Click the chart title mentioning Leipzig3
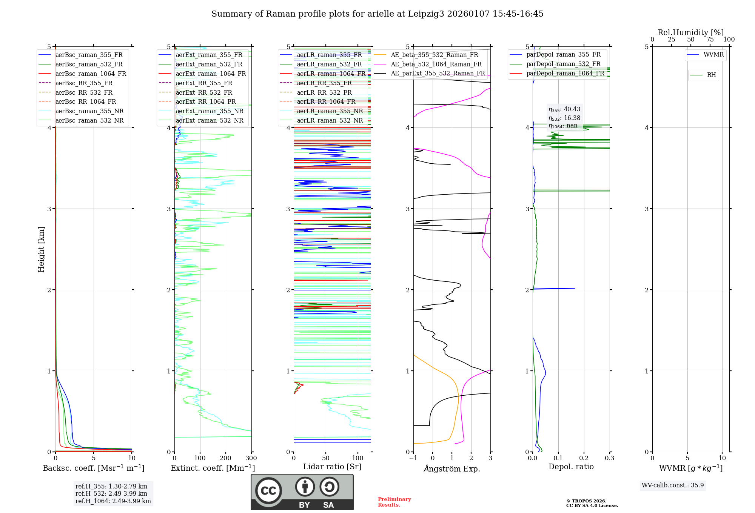(x=377, y=14)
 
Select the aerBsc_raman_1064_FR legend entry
(x=91, y=74)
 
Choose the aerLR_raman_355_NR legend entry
(x=330, y=111)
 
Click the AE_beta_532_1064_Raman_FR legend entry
(x=436, y=64)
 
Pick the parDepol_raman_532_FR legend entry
(x=563, y=64)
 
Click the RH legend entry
(x=711, y=75)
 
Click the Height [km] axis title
(x=41, y=249)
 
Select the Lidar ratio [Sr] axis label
(x=332, y=467)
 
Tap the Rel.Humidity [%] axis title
(x=690, y=32)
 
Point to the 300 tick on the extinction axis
(x=251, y=458)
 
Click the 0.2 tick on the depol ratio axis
(x=584, y=458)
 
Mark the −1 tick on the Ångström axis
(x=413, y=458)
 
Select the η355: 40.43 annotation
(x=564, y=109)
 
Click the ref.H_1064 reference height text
(x=113, y=501)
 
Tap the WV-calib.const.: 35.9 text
(x=673, y=485)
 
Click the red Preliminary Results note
(x=394, y=502)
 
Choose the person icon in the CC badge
(x=305, y=487)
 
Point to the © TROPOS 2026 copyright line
(x=586, y=501)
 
